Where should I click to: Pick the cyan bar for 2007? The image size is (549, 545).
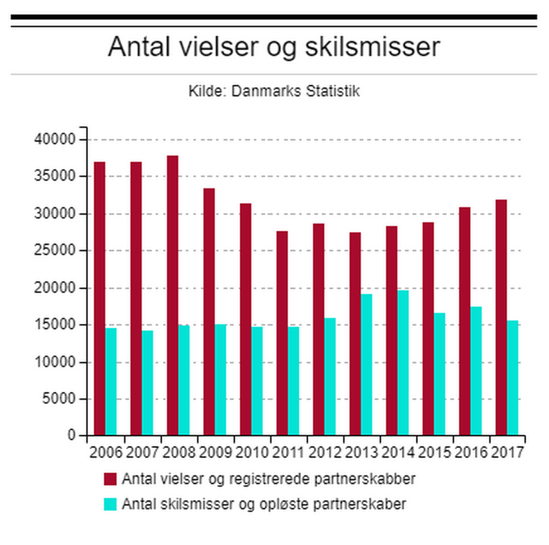pos(148,383)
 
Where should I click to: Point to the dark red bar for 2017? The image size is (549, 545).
pos(501,317)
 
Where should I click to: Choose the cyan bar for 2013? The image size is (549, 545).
pos(367,364)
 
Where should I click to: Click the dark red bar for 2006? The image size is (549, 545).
pos(100,298)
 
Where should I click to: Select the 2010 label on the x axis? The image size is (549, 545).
pos(252,452)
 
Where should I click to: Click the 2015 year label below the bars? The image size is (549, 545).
pos(435,452)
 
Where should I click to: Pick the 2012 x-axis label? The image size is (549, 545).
pos(325,452)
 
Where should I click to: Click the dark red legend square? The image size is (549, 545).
pos(110,479)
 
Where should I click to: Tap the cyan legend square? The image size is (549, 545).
pos(110,504)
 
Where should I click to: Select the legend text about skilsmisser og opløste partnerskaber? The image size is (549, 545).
pos(264,504)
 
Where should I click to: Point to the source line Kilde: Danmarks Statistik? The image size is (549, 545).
pos(274,91)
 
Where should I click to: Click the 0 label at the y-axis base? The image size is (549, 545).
pos(71,436)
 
